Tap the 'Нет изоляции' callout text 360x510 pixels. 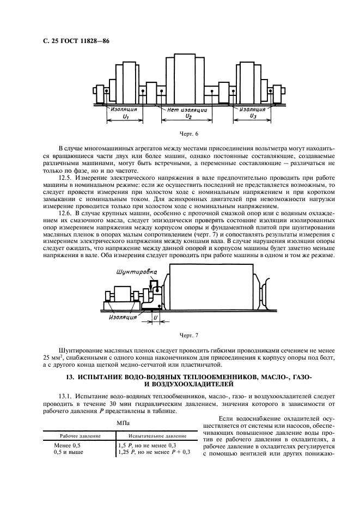(188, 110)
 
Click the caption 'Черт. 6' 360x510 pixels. (188, 133)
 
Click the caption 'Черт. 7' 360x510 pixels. (188, 336)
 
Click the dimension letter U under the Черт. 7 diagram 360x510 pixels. (157, 316)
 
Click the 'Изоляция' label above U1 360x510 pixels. (126, 109)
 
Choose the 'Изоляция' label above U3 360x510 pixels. (252, 109)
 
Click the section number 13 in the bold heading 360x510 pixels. (69, 377)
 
